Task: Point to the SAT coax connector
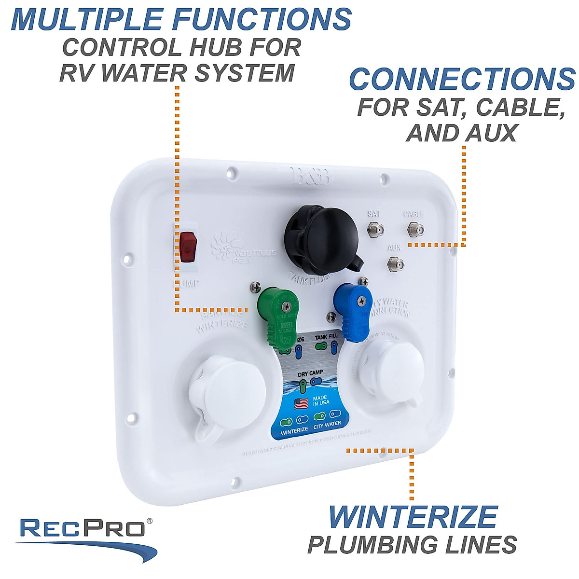pyautogui.click(x=374, y=229)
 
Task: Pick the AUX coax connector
pyautogui.click(x=396, y=263)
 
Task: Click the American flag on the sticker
pyautogui.click(x=301, y=403)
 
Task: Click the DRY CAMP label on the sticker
pyautogui.click(x=310, y=374)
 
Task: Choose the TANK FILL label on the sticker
pyautogui.click(x=326, y=337)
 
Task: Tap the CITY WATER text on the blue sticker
pyautogui.click(x=327, y=425)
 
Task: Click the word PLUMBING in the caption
pyautogui.click(x=367, y=545)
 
